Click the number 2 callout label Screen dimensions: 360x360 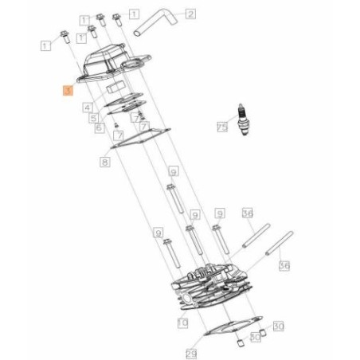pos(190,14)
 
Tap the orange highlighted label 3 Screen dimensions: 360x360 pos(68,92)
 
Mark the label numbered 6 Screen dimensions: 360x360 pos(100,127)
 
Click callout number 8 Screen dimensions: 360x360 pos(104,162)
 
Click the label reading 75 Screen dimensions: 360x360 pos(222,127)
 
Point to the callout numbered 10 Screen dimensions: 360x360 pos(182,323)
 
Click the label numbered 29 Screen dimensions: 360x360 pos(191,352)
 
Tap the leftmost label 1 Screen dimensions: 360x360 pos(45,48)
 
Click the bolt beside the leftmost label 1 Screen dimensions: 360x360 pos(63,36)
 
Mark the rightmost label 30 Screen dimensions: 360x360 pos(278,327)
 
